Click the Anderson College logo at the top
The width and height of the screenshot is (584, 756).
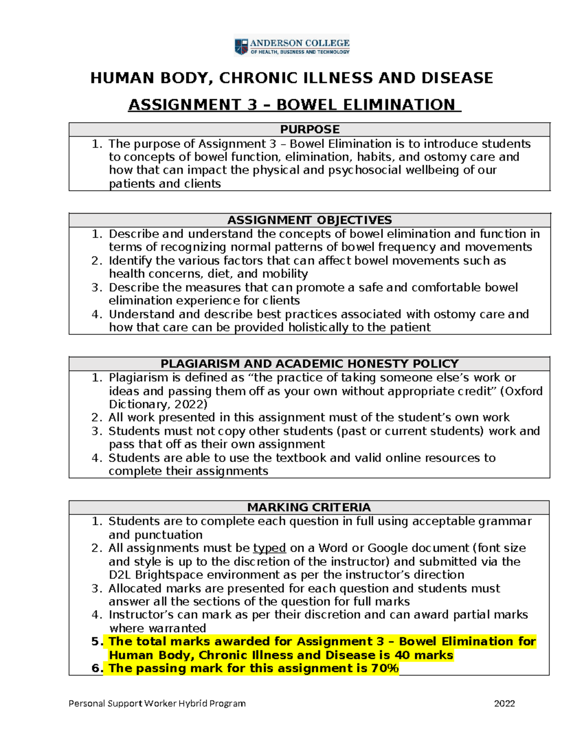(292, 46)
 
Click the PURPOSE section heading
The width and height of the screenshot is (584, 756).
(310, 129)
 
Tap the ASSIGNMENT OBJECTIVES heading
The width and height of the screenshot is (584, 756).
(310, 220)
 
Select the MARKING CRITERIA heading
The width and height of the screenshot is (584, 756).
(309, 507)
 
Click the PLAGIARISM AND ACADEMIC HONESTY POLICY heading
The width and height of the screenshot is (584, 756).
(310, 364)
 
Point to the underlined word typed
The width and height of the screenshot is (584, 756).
(269, 548)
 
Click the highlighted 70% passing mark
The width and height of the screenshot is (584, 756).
(384, 668)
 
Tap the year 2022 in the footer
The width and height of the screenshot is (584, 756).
(504, 703)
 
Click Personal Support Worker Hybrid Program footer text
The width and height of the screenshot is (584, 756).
(157, 703)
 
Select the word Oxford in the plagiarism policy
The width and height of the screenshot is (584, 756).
(524, 391)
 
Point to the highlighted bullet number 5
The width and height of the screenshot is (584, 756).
(97, 642)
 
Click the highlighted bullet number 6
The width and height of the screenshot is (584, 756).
(97, 668)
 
